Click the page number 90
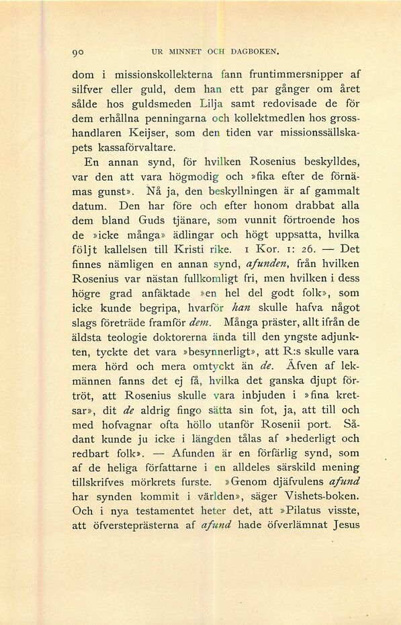(77, 50)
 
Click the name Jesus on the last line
(346, 526)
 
